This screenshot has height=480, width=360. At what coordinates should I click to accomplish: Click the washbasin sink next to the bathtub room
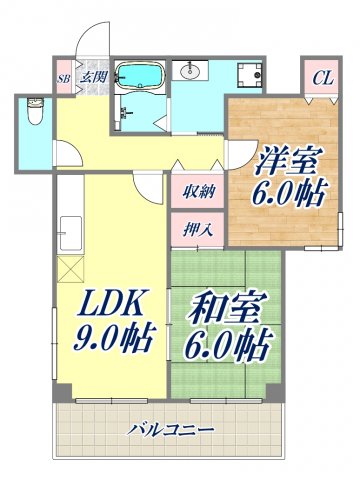190,70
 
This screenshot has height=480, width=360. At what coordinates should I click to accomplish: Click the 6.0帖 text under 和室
229,345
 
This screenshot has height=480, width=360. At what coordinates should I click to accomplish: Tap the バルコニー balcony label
170,431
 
